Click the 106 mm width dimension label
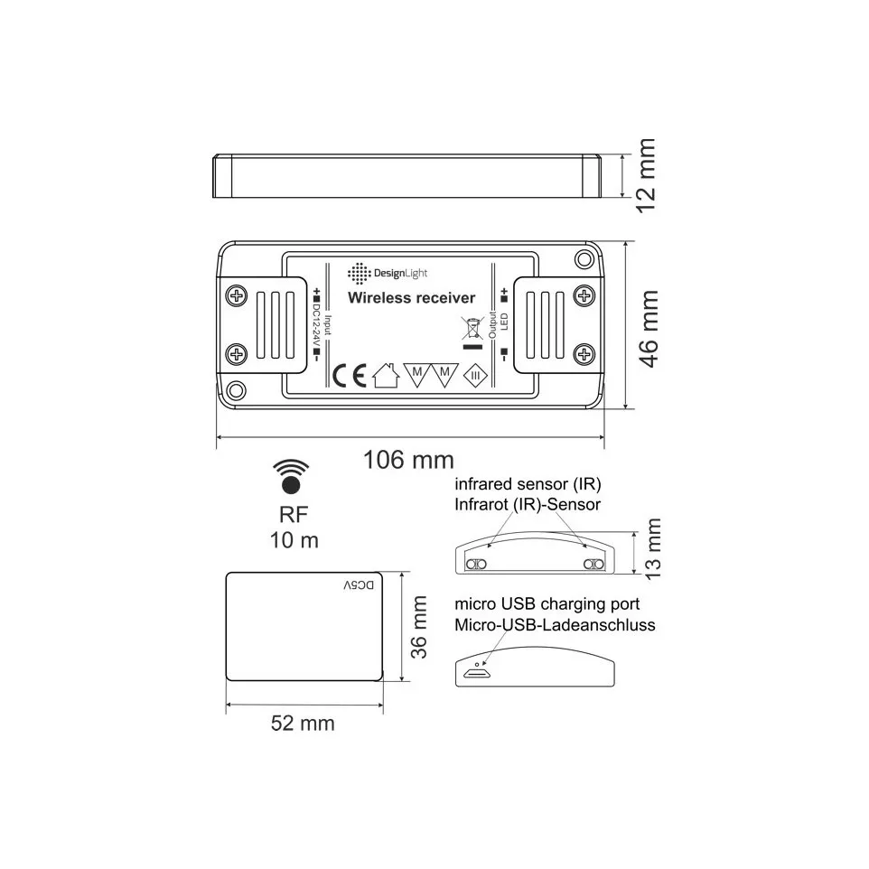point(408,460)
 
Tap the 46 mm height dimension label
point(649,328)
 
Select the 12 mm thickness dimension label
point(646,175)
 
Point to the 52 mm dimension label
point(303,724)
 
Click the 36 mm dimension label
point(419,628)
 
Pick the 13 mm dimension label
point(653,548)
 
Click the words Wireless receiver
point(411,297)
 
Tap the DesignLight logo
point(388,273)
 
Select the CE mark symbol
point(350,377)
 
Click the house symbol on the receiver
point(387,375)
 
